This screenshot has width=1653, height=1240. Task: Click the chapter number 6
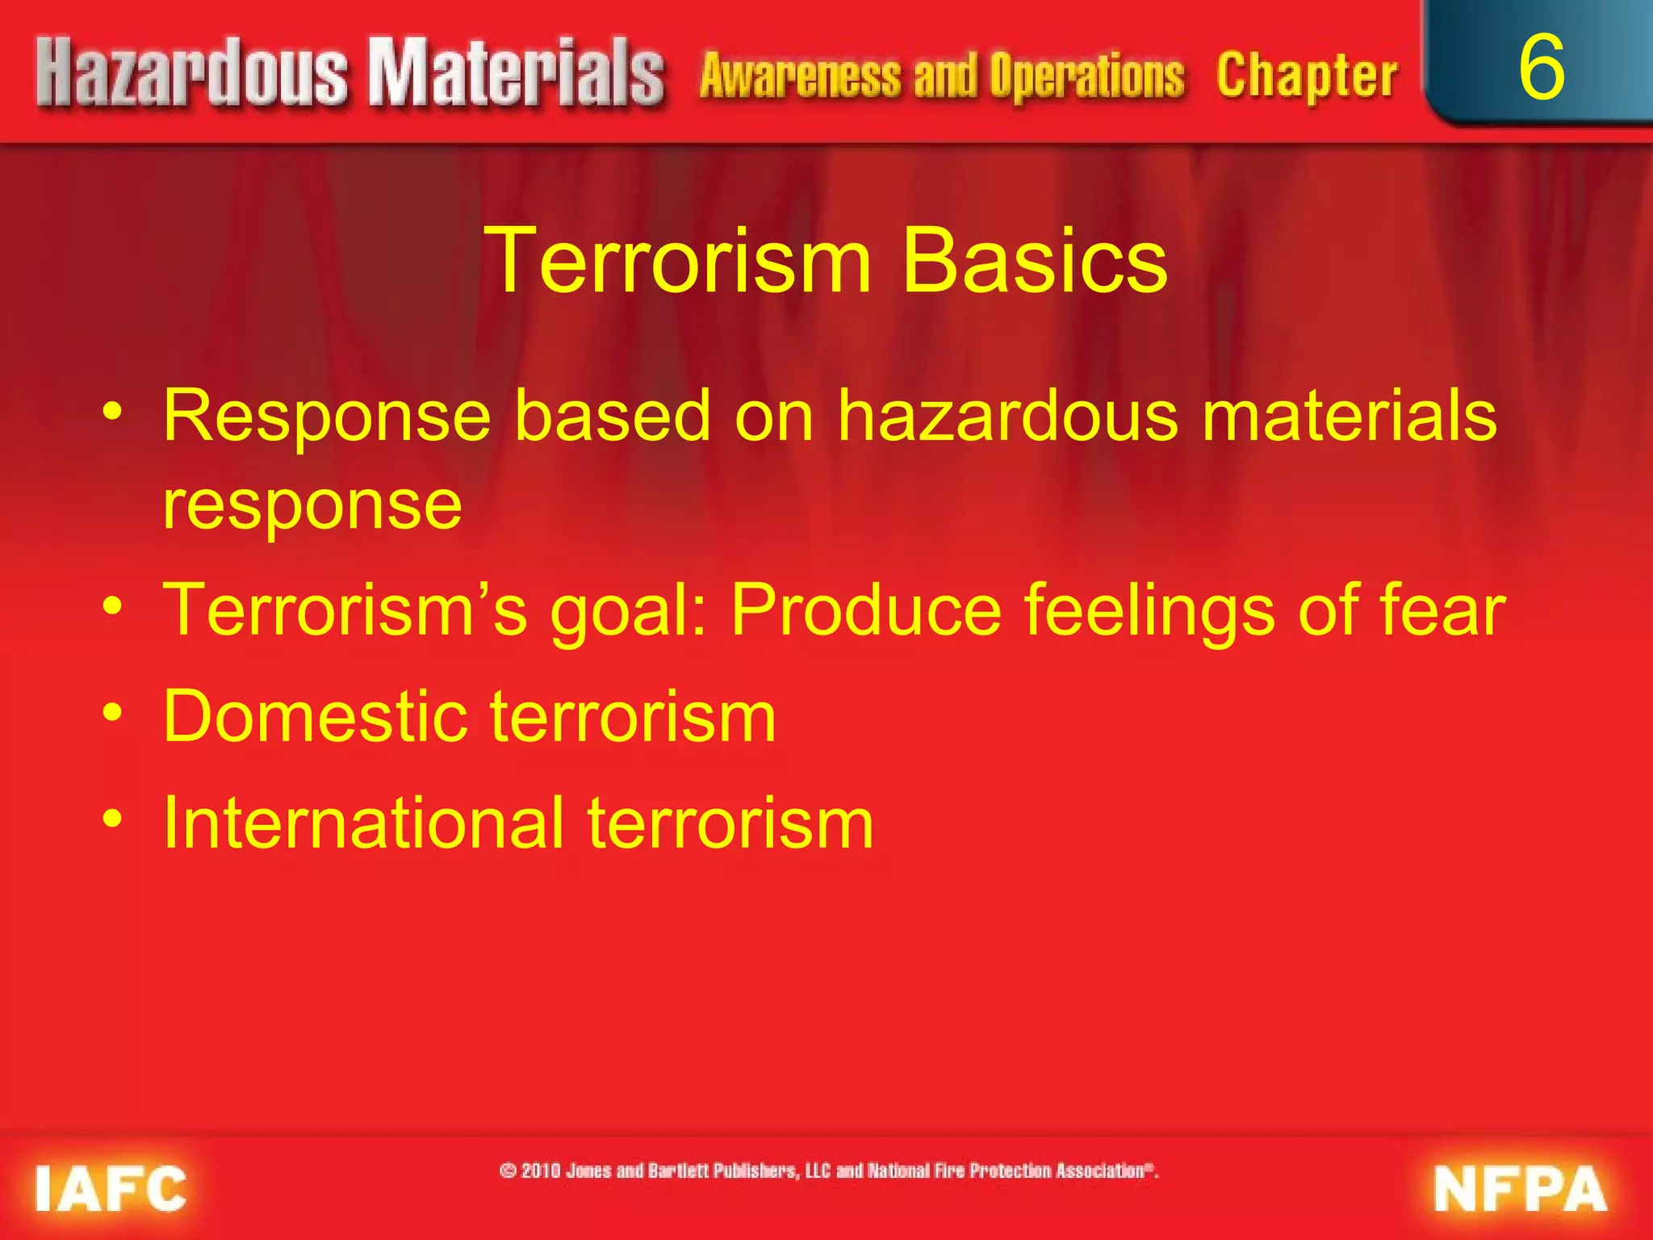pyautogui.click(x=1541, y=68)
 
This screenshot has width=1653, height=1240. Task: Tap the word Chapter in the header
pyautogui.click(x=1307, y=76)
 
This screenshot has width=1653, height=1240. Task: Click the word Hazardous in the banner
pyautogui.click(x=192, y=74)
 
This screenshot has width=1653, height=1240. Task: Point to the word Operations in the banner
pyautogui.click(x=1087, y=76)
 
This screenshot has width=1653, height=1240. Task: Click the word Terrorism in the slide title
pyautogui.click(x=678, y=260)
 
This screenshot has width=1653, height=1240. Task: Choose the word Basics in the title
pyautogui.click(x=1034, y=260)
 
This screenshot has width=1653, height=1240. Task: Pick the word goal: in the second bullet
pyautogui.click(x=628, y=611)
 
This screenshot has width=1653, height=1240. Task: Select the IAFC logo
pyautogui.click(x=111, y=1188)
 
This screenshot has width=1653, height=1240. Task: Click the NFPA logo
pyautogui.click(x=1520, y=1189)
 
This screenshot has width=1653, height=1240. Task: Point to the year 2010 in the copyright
pyautogui.click(x=542, y=1171)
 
